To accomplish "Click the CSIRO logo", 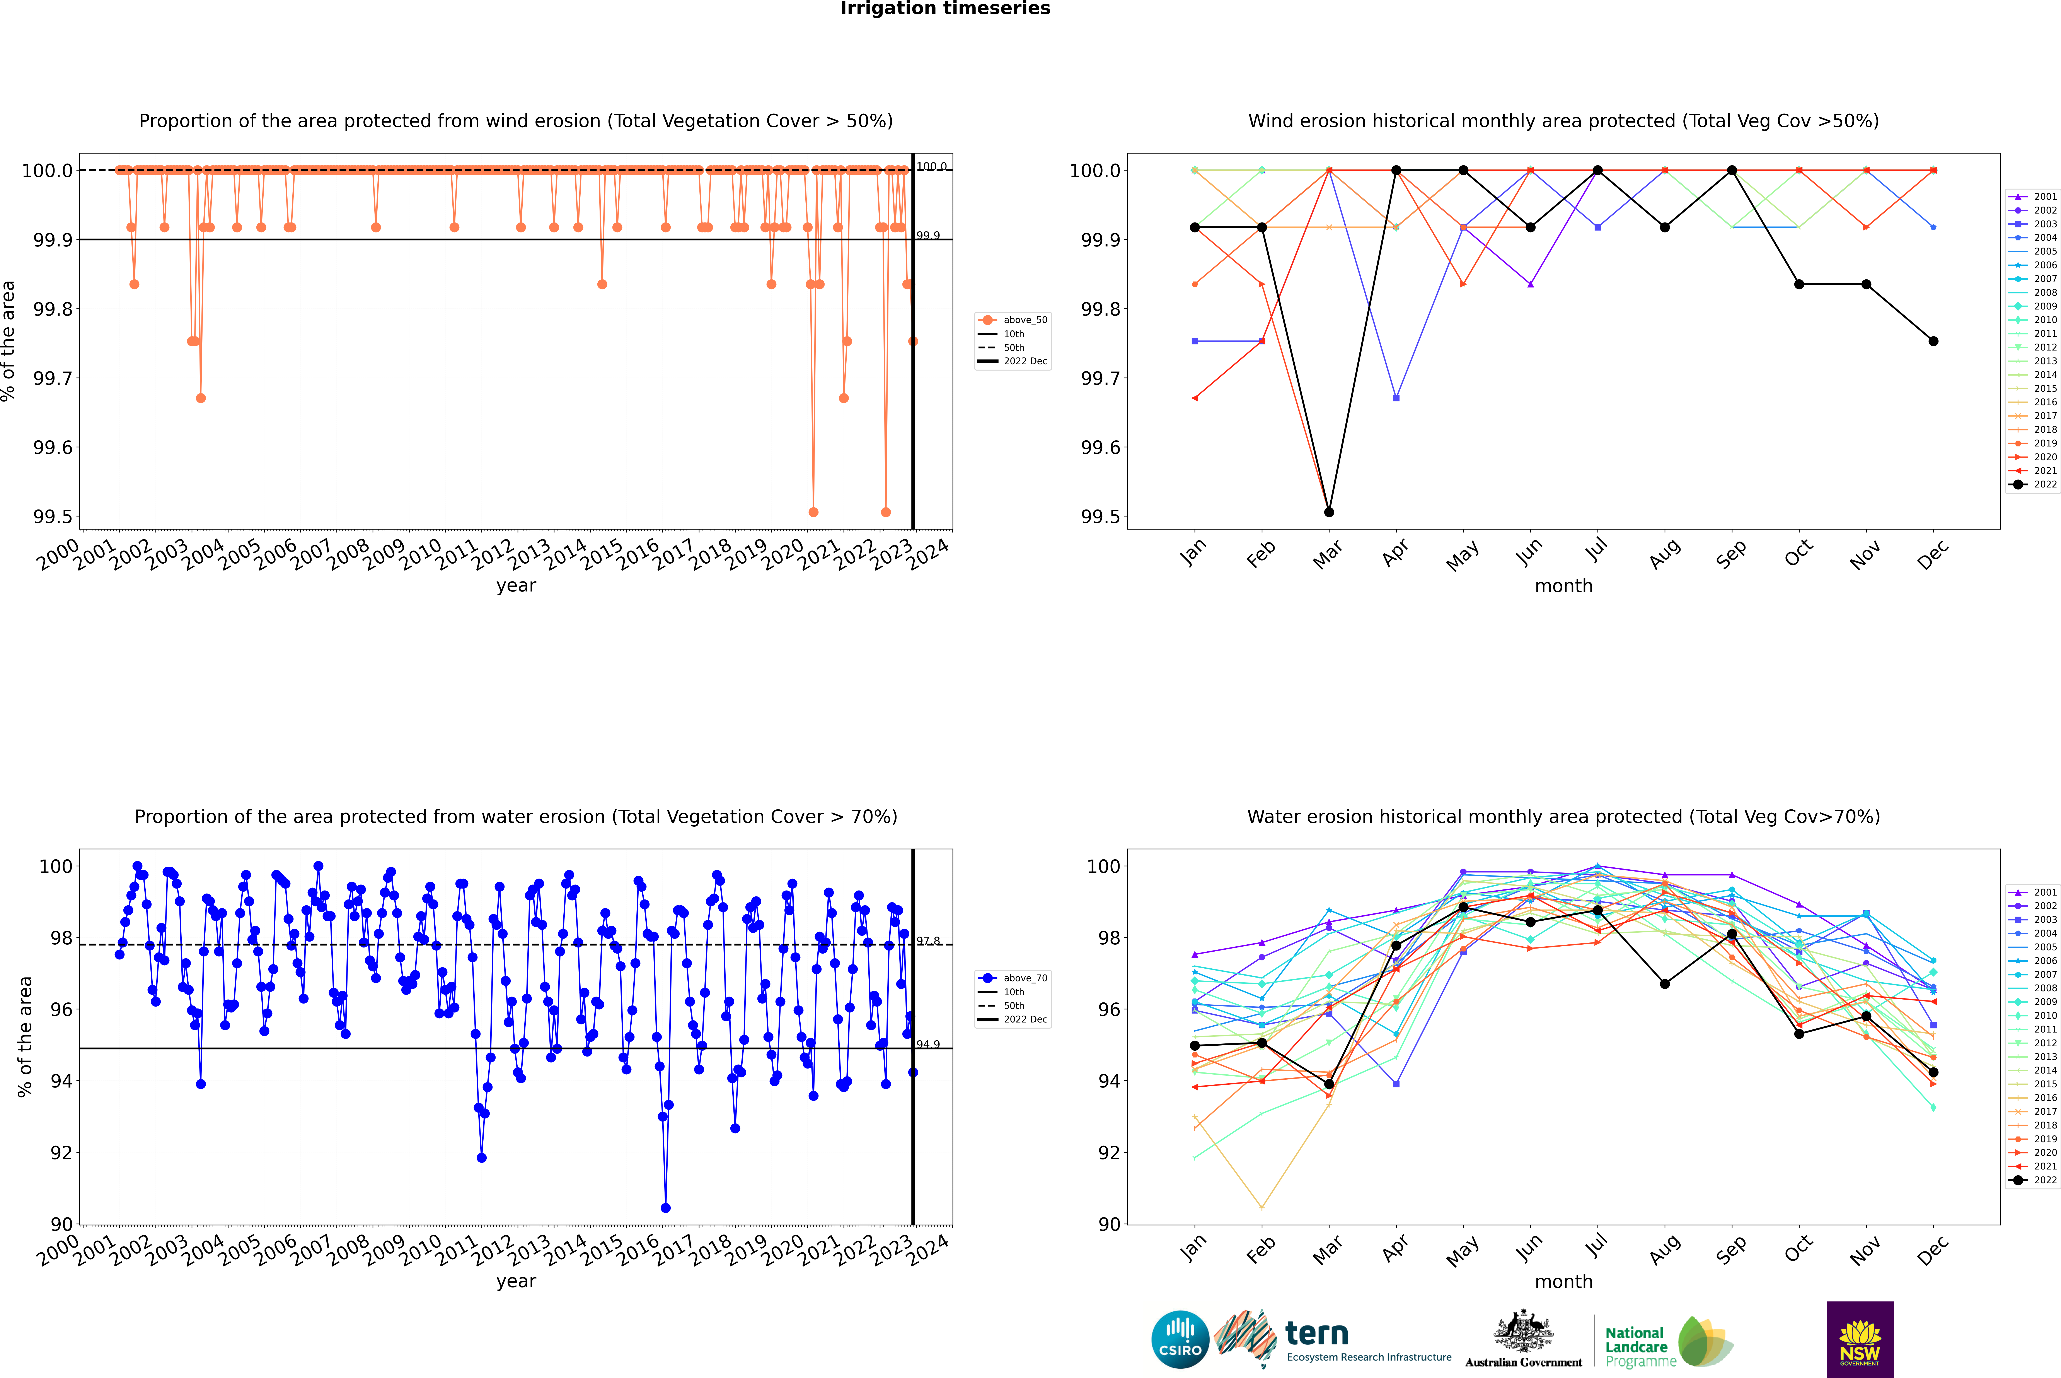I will click(1180, 1339).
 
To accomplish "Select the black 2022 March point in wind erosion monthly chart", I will click(1329, 511).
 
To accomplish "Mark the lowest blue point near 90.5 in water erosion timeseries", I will click(665, 1207).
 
